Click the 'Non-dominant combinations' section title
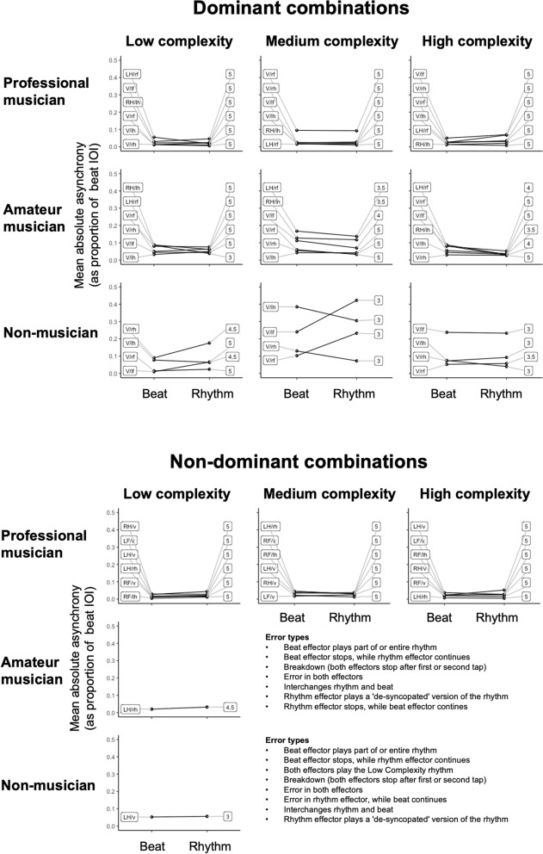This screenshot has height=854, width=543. point(271,462)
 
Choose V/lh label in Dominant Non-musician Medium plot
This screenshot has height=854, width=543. point(270,307)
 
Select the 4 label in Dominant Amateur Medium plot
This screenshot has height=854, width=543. point(379,215)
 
